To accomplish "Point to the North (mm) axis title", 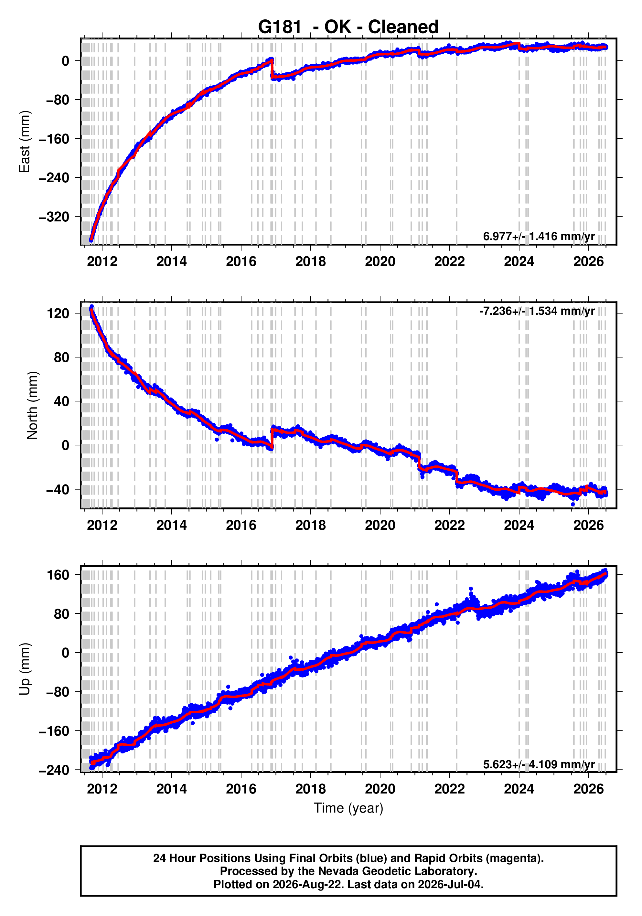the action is click(32, 405).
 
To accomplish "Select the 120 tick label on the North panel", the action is click(58, 314).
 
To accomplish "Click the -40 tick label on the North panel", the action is click(58, 490).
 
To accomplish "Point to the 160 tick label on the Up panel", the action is click(58, 575).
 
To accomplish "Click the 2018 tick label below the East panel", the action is click(310, 262).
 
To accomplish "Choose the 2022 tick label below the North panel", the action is click(449, 526).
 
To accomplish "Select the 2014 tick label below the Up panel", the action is click(172, 789).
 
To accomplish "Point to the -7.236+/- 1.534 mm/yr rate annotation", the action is click(537, 311).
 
